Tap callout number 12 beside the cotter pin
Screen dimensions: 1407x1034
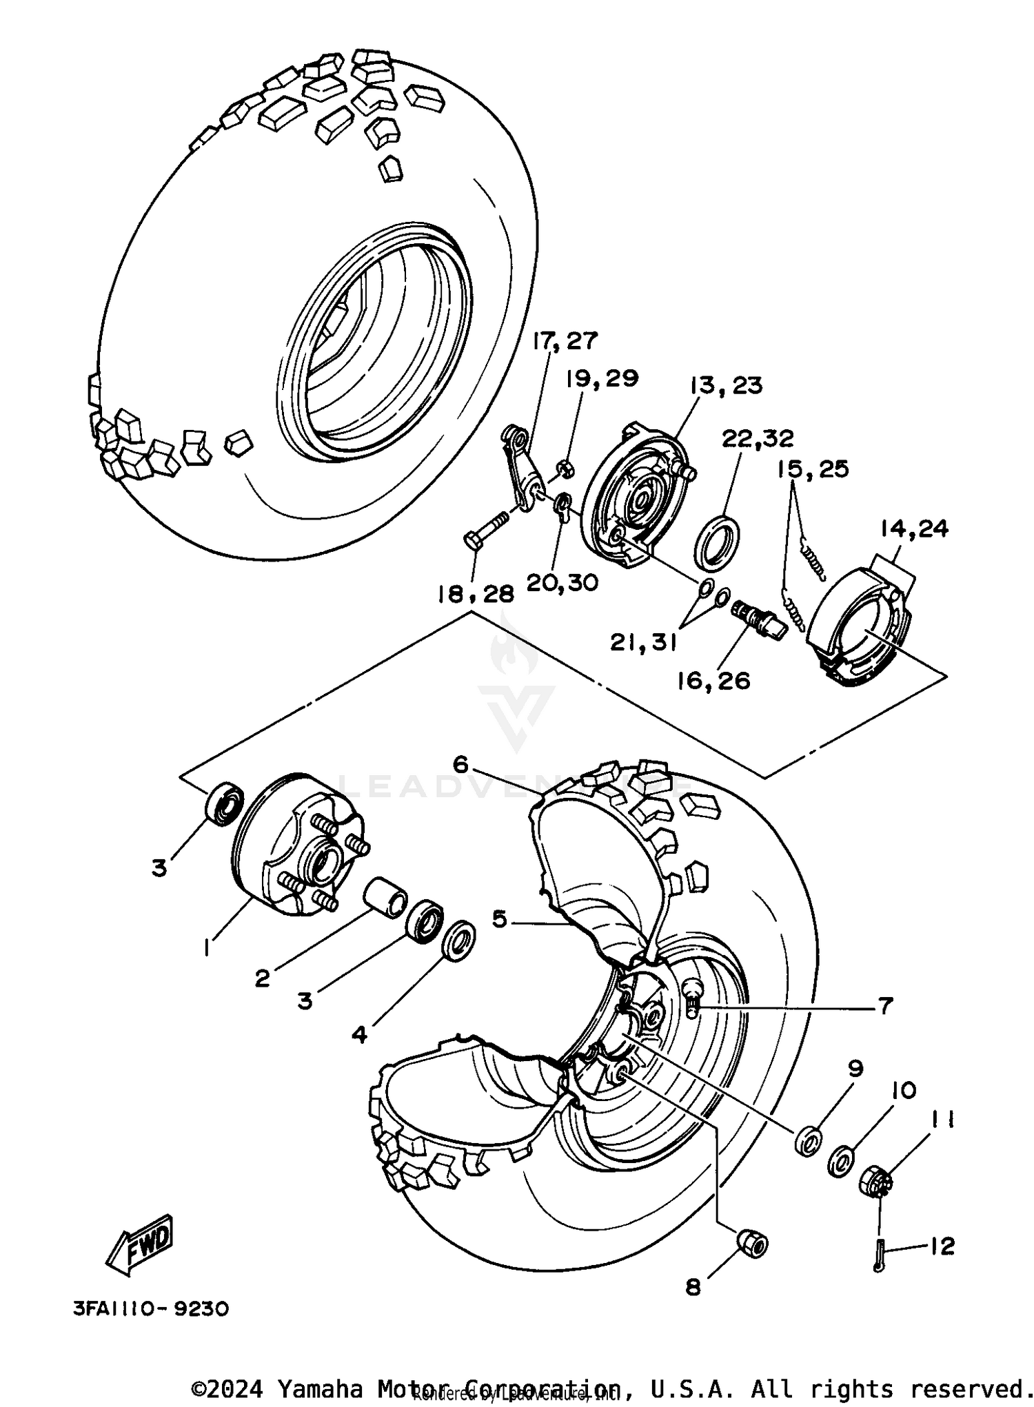(x=942, y=1246)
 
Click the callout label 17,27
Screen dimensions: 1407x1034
(x=565, y=341)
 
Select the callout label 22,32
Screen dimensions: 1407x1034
(x=758, y=438)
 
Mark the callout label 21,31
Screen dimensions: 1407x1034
(x=642, y=642)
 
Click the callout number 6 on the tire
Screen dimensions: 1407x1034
(x=461, y=764)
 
